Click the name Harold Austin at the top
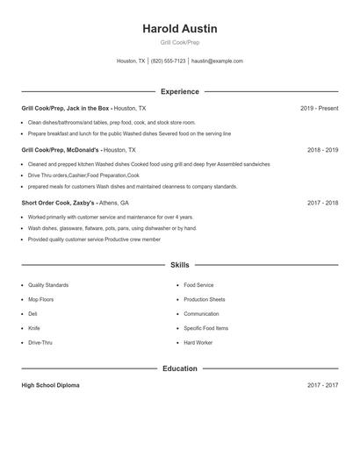(x=179, y=29)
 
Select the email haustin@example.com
(x=217, y=61)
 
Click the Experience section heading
(x=179, y=91)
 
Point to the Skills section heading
(x=179, y=264)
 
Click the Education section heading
(x=179, y=368)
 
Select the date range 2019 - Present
(x=319, y=108)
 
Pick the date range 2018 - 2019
(x=322, y=150)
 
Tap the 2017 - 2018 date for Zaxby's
(x=322, y=203)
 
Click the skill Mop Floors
(x=40, y=299)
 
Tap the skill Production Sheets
(x=204, y=299)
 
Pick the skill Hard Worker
(x=198, y=342)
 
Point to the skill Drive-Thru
(x=40, y=342)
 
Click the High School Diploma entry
(x=50, y=385)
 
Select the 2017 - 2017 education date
(x=322, y=385)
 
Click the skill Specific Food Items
(x=205, y=328)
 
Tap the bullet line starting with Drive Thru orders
(x=83, y=175)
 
